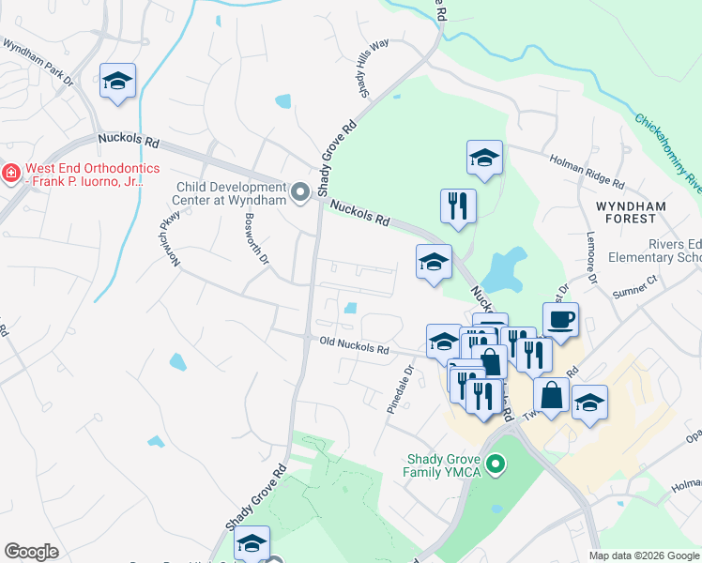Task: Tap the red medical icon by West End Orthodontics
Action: point(10,174)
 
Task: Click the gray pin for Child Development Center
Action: point(300,192)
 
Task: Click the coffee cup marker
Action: point(560,319)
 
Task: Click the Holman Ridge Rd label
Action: point(587,172)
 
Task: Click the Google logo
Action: point(31,552)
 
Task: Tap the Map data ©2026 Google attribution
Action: point(643,555)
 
